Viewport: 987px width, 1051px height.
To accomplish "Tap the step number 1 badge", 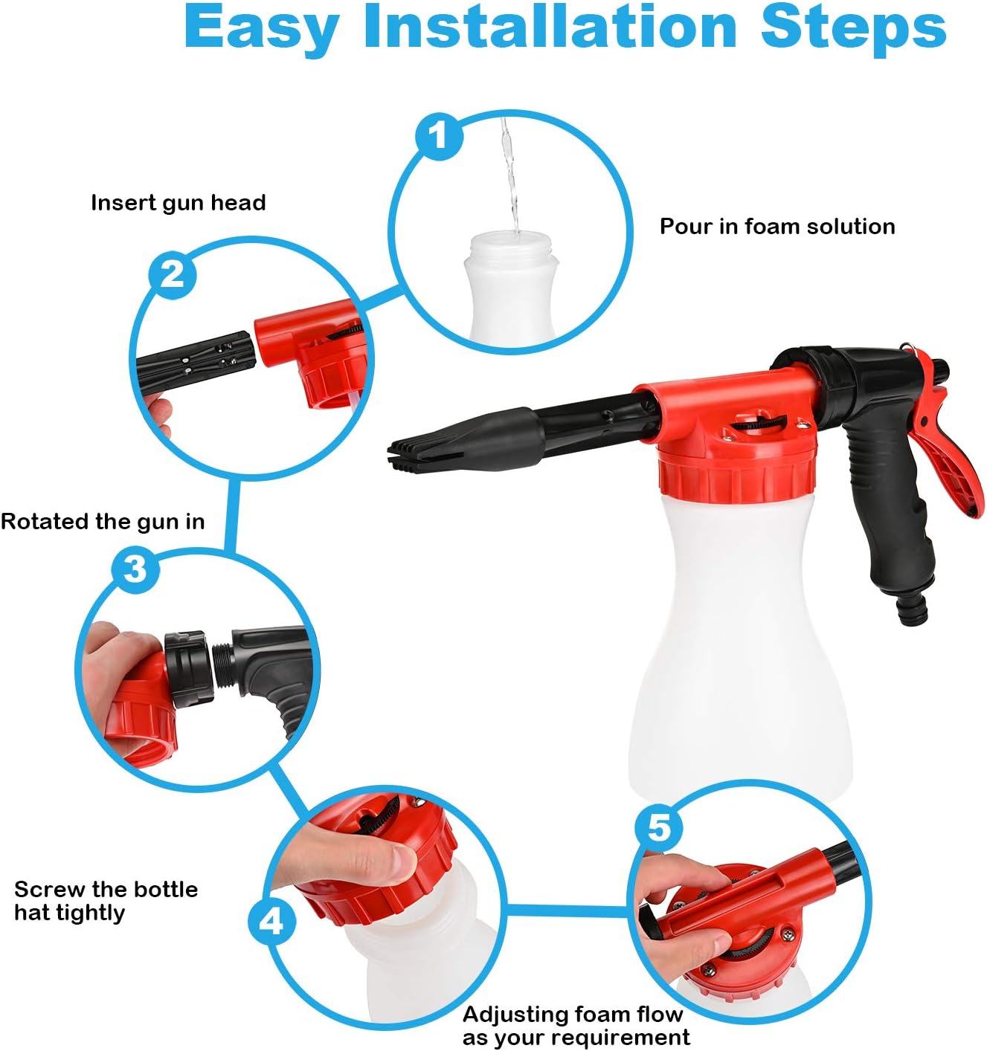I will tap(439, 135).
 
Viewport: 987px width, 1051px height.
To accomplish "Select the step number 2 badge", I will tap(173, 274).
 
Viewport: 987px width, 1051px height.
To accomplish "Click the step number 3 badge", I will tap(135, 569).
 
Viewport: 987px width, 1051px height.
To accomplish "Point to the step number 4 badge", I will tap(271, 922).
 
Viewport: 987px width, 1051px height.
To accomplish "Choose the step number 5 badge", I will tap(659, 827).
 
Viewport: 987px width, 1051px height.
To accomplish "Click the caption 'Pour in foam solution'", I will tap(777, 227).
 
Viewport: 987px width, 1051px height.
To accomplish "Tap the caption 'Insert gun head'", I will tap(178, 203).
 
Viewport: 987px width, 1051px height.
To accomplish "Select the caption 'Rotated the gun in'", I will tap(103, 522).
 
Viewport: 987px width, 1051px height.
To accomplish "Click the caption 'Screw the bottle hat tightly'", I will tap(106, 901).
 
